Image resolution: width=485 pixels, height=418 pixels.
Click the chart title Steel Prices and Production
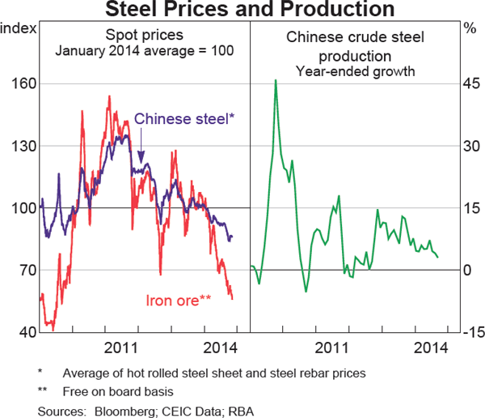[242, 9]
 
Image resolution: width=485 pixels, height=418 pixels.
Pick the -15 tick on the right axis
[470, 333]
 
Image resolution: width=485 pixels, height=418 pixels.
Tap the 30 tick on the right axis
[470, 147]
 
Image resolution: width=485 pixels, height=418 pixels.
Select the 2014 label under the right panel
[430, 348]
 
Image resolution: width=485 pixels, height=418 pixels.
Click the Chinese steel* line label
[184, 119]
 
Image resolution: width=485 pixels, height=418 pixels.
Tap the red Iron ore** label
[179, 301]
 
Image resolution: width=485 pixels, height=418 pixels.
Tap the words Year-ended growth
[355, 71]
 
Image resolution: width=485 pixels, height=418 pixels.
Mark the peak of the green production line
[276, 80]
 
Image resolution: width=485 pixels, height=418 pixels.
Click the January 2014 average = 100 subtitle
[145, 51]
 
